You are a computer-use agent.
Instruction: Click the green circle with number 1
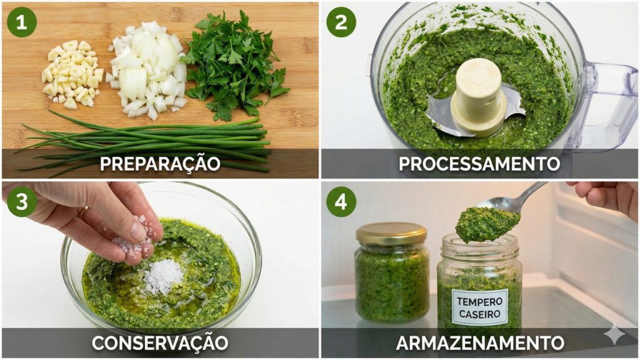(x=22, y=22)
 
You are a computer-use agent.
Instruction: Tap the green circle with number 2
(x=341, y=22)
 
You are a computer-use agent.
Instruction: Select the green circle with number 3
(x=22, y=202)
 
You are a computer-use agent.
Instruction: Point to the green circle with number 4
(x=341, y=202)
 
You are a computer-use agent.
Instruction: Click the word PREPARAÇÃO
(x=160, y=164)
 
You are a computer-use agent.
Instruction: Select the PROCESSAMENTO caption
(x=479, y=164)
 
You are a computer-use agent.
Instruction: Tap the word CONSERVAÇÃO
(x=160, y=342)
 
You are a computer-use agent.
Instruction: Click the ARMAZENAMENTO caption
(x=479, y=342)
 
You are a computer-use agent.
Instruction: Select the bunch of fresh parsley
(x=234, y=62)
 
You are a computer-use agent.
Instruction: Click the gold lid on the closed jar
(x=391, y=233)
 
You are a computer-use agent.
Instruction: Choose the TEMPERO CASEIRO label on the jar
(x=479, y=307)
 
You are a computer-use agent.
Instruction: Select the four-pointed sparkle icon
(x=614, y=334)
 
